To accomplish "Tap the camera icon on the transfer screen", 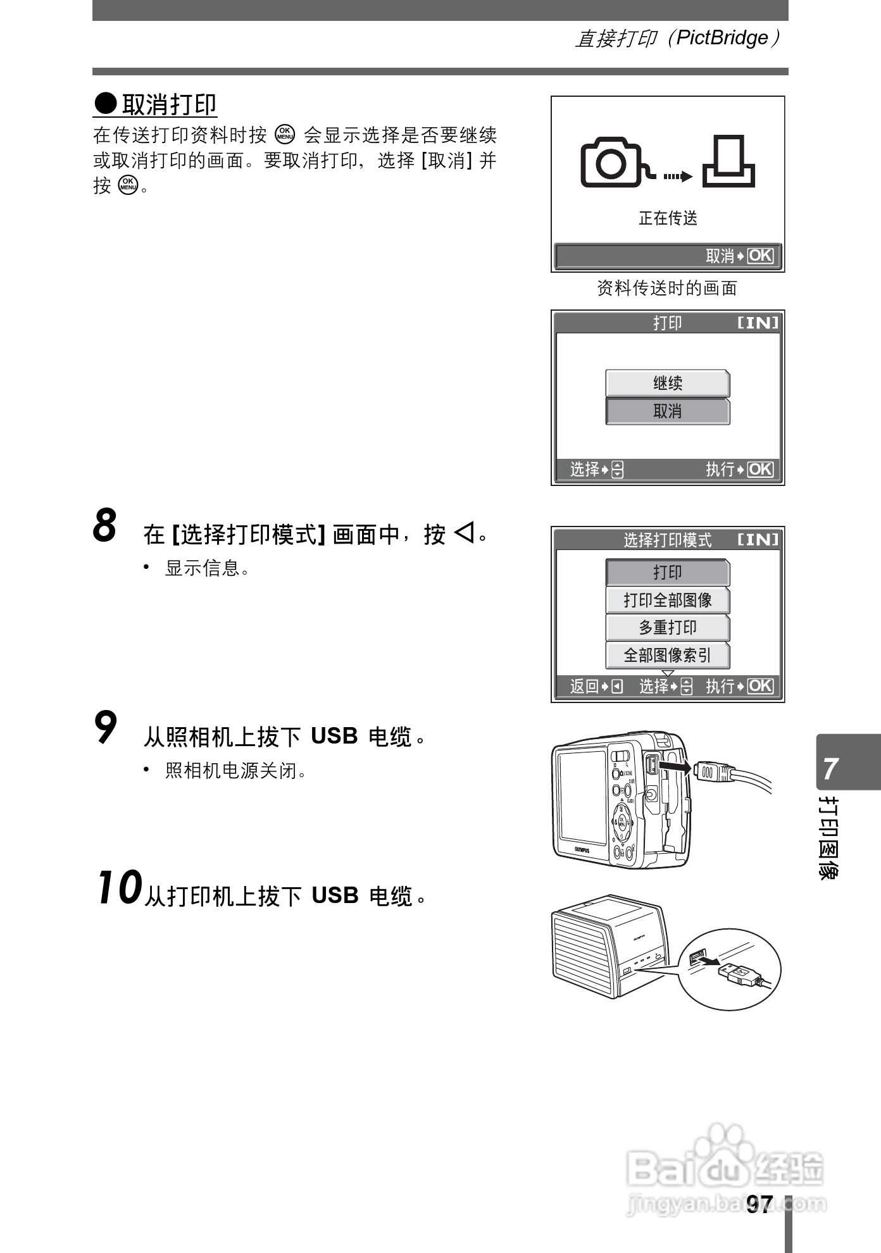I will coord(611,163).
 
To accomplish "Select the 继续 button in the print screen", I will coord(668,383).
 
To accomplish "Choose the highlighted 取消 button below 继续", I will coord(668,411).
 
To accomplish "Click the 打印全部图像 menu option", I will coord(668,600).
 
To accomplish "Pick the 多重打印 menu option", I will coord(668,628).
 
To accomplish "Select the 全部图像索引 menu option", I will coord(668,656).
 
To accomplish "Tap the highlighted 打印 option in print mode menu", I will coord(668,573).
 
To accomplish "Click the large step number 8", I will coord(105,526).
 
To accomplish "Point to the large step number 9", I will coord(106,728).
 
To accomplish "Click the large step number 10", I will coord(118,888).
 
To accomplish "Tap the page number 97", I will coord(759,1204).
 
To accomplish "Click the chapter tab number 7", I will coord(831,769).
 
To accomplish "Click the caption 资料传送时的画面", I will coord(667,289).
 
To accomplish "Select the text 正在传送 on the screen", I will coord(668,218).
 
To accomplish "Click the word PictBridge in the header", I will coord(722,38).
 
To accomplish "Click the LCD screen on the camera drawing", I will coord(581,800).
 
